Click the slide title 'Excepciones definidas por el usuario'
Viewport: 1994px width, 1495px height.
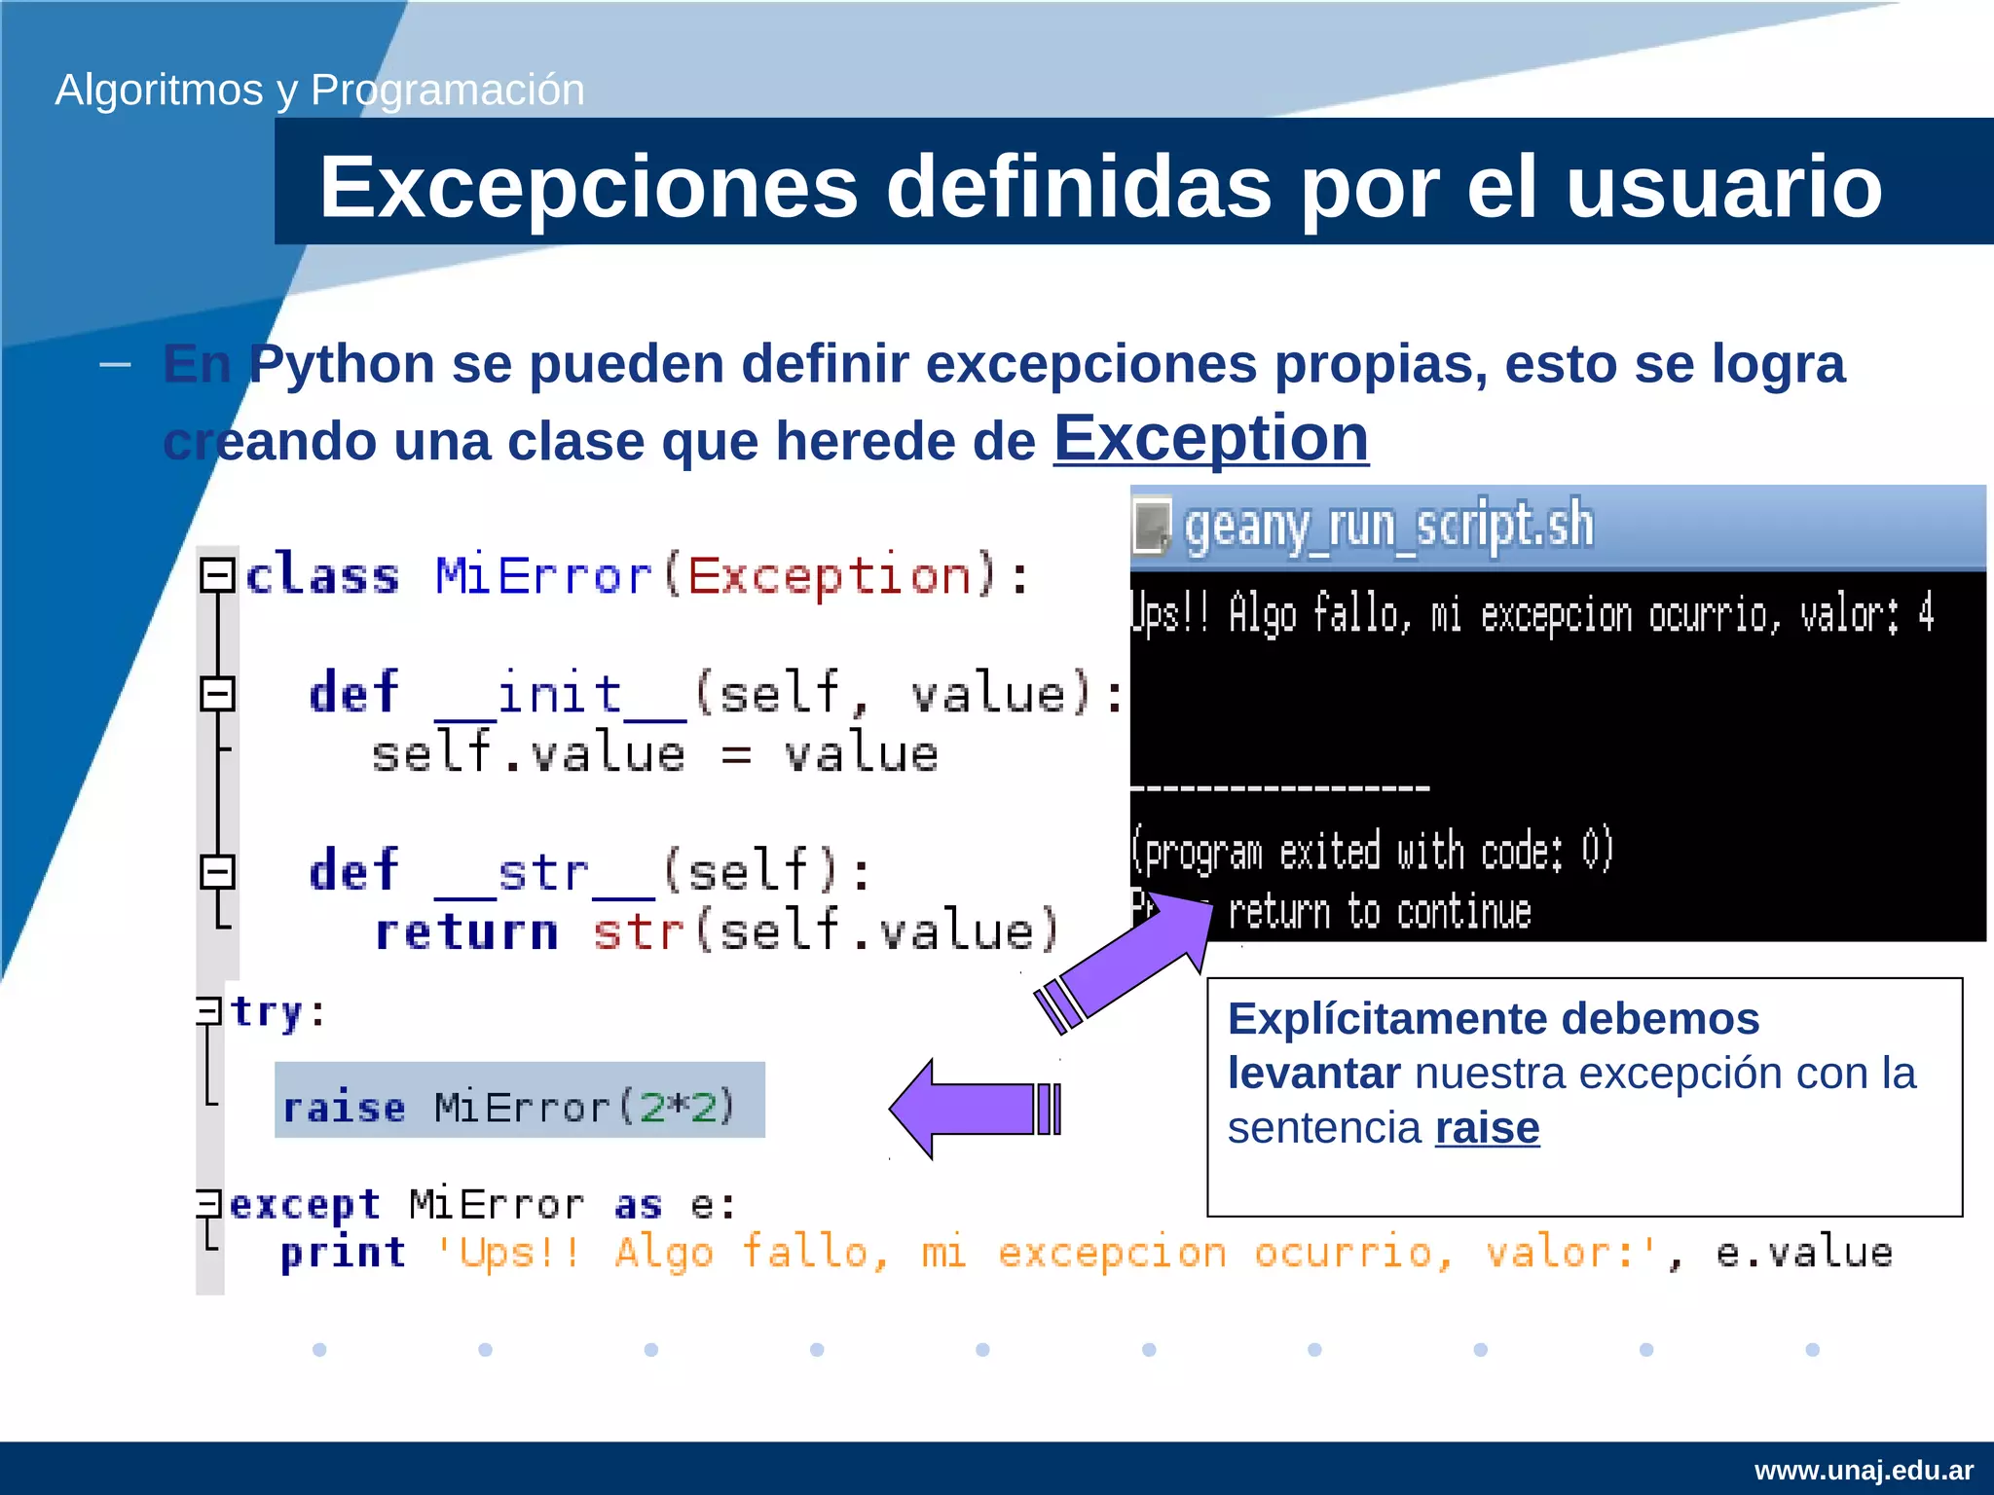(x=1100, y=187)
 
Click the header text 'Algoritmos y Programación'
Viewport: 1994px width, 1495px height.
(x=319, y=90)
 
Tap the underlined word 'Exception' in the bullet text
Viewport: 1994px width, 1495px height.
(x=1210, y=438)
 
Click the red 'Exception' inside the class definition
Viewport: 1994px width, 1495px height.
(x=830, y=575)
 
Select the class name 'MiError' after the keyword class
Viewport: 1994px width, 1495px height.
(x=542, y=575)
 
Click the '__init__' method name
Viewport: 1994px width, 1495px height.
(x=560, y=695)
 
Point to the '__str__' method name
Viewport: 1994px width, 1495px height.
(x=544, y=871)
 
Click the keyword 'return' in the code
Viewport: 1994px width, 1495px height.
(x=466, y=931)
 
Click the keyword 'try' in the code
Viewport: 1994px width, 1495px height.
(x=266, y=1012)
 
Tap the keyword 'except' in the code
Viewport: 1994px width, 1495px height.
(x=304, y=1205)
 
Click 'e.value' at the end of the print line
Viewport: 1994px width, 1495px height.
(x=1803, y=1253)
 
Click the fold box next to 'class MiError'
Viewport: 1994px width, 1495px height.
(x=217, y=575)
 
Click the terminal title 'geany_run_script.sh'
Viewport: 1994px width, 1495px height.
(x=1388, y=527)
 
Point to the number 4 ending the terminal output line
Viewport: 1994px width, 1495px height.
(x=1926, y=614)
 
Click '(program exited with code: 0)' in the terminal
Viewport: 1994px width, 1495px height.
(x=1372, y=851)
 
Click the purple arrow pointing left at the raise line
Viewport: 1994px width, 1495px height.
(x=974, y=1109)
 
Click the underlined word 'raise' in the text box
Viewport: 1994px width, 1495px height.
(x=1487, y=1128)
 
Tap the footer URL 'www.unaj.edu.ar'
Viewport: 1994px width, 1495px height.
(x=1864, y=1470)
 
